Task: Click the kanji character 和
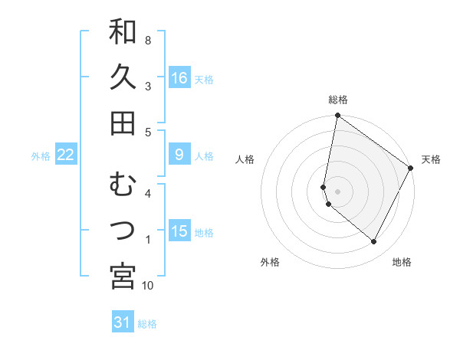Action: (123, 32)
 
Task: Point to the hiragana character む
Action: (123, 185)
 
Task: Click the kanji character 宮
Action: (123, 277)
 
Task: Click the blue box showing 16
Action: (179, 78)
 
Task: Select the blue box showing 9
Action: (179, 155)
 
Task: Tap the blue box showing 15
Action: (179, 231)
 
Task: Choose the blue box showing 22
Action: (66, 155)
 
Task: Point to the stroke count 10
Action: (148, 286)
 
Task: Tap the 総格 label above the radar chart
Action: (338, 100)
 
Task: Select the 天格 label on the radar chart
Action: (431, 159)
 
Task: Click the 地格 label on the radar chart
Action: (402, 262)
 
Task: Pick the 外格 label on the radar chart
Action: (270, 262)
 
